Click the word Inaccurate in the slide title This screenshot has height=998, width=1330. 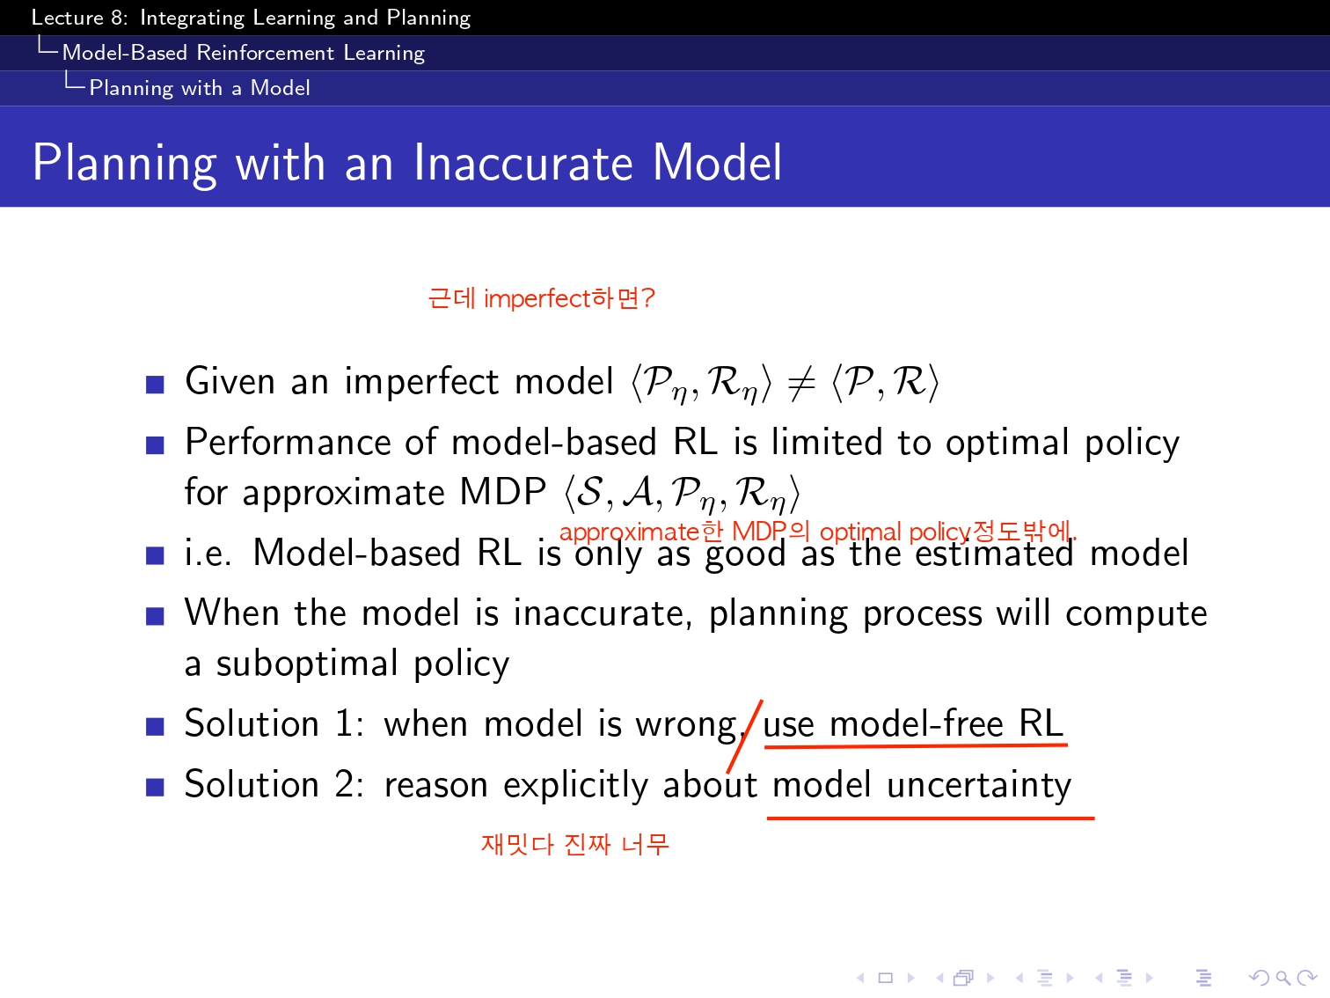click(522, 163)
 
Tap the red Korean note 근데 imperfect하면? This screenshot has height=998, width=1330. click(541, 298)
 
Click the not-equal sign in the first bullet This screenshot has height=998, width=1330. click(801, 383)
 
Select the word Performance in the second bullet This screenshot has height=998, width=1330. click(289, 442)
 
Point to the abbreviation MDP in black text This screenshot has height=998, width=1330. click(502, 491)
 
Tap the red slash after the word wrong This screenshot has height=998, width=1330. click(744, 736)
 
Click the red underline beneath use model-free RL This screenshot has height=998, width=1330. click(916, 745)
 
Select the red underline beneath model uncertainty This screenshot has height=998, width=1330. click(930, 818)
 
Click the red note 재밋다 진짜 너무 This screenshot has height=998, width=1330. click(575, 844)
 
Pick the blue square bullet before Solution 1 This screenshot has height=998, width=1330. click(155, 726)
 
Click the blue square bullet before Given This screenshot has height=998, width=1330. click(155, 385)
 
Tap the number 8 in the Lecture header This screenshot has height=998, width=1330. click(116, 18)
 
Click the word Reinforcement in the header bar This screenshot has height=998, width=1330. click(266, 53)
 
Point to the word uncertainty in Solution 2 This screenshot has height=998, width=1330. click(978, 785)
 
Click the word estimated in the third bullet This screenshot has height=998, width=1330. click(994, 553)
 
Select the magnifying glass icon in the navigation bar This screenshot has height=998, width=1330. click(1282, 978)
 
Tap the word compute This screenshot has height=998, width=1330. click(1136, 613)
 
